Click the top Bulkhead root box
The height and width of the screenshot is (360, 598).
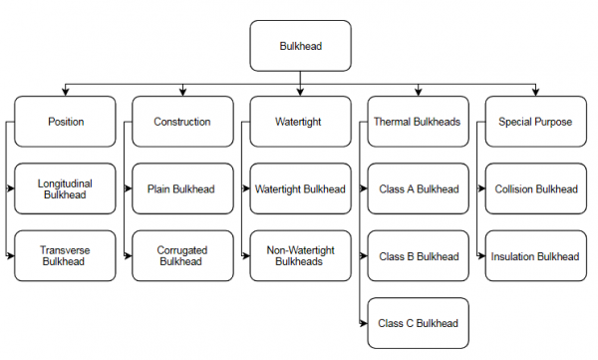[300, 46]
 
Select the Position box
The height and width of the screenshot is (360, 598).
[65, 122]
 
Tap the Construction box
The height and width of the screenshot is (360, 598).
[182, 122]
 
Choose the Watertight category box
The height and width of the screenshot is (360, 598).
[300, 122]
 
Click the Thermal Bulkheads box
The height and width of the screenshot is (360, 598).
[417, 122]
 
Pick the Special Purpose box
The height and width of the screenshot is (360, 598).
[534, 122]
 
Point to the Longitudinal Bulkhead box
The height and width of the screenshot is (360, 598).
[65, 189]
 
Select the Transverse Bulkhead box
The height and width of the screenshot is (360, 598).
[65, 256]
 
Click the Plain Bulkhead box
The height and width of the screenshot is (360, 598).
[182, 189]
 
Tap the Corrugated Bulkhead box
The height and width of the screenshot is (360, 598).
[182, 256]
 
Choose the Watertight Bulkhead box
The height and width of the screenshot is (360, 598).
[300, 189]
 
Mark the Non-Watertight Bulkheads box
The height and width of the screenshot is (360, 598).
[300, 256]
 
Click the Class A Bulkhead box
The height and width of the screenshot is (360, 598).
[418, 189]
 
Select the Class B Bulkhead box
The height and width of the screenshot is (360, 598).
[418, 256]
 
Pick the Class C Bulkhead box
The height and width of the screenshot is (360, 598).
[418, 323]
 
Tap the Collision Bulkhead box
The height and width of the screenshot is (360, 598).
[535, 189]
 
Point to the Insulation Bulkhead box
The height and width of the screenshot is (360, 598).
[535, 256]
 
